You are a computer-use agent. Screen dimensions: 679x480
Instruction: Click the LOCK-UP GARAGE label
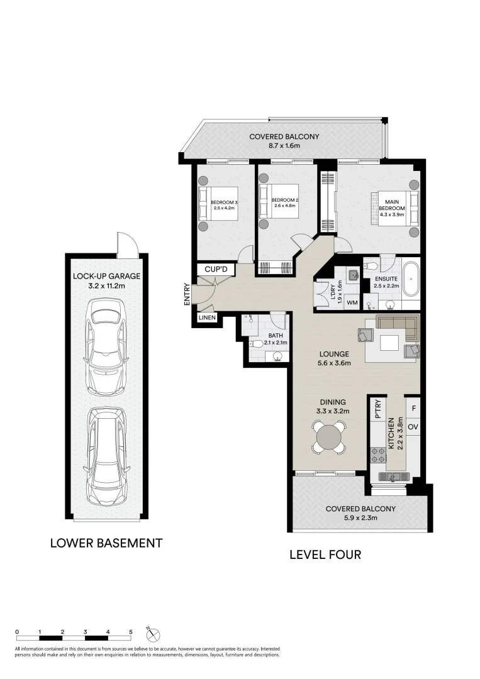tap(106, 275)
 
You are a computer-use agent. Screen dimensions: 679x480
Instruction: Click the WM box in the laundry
tap(352, 303)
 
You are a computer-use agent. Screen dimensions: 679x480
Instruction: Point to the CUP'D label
tap(216, 269)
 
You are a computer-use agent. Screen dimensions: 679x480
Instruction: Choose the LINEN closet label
tap(207, 318)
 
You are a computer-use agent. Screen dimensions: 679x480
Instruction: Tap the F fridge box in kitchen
tap(413, 407)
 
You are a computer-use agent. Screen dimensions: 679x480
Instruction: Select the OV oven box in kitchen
tap(413, 427)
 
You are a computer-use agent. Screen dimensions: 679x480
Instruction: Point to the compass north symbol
tap(150, 631)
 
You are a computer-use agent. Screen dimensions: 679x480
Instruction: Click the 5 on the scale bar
tap(131, 631)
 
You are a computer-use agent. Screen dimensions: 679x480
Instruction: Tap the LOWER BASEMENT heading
tap(106, 543)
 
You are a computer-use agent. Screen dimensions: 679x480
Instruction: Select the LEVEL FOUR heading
tap(325, 555)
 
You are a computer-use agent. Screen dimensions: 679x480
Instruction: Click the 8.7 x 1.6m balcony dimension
tap(284, 146)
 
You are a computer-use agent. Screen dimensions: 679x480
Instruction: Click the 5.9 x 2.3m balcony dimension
tap(360, 518)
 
